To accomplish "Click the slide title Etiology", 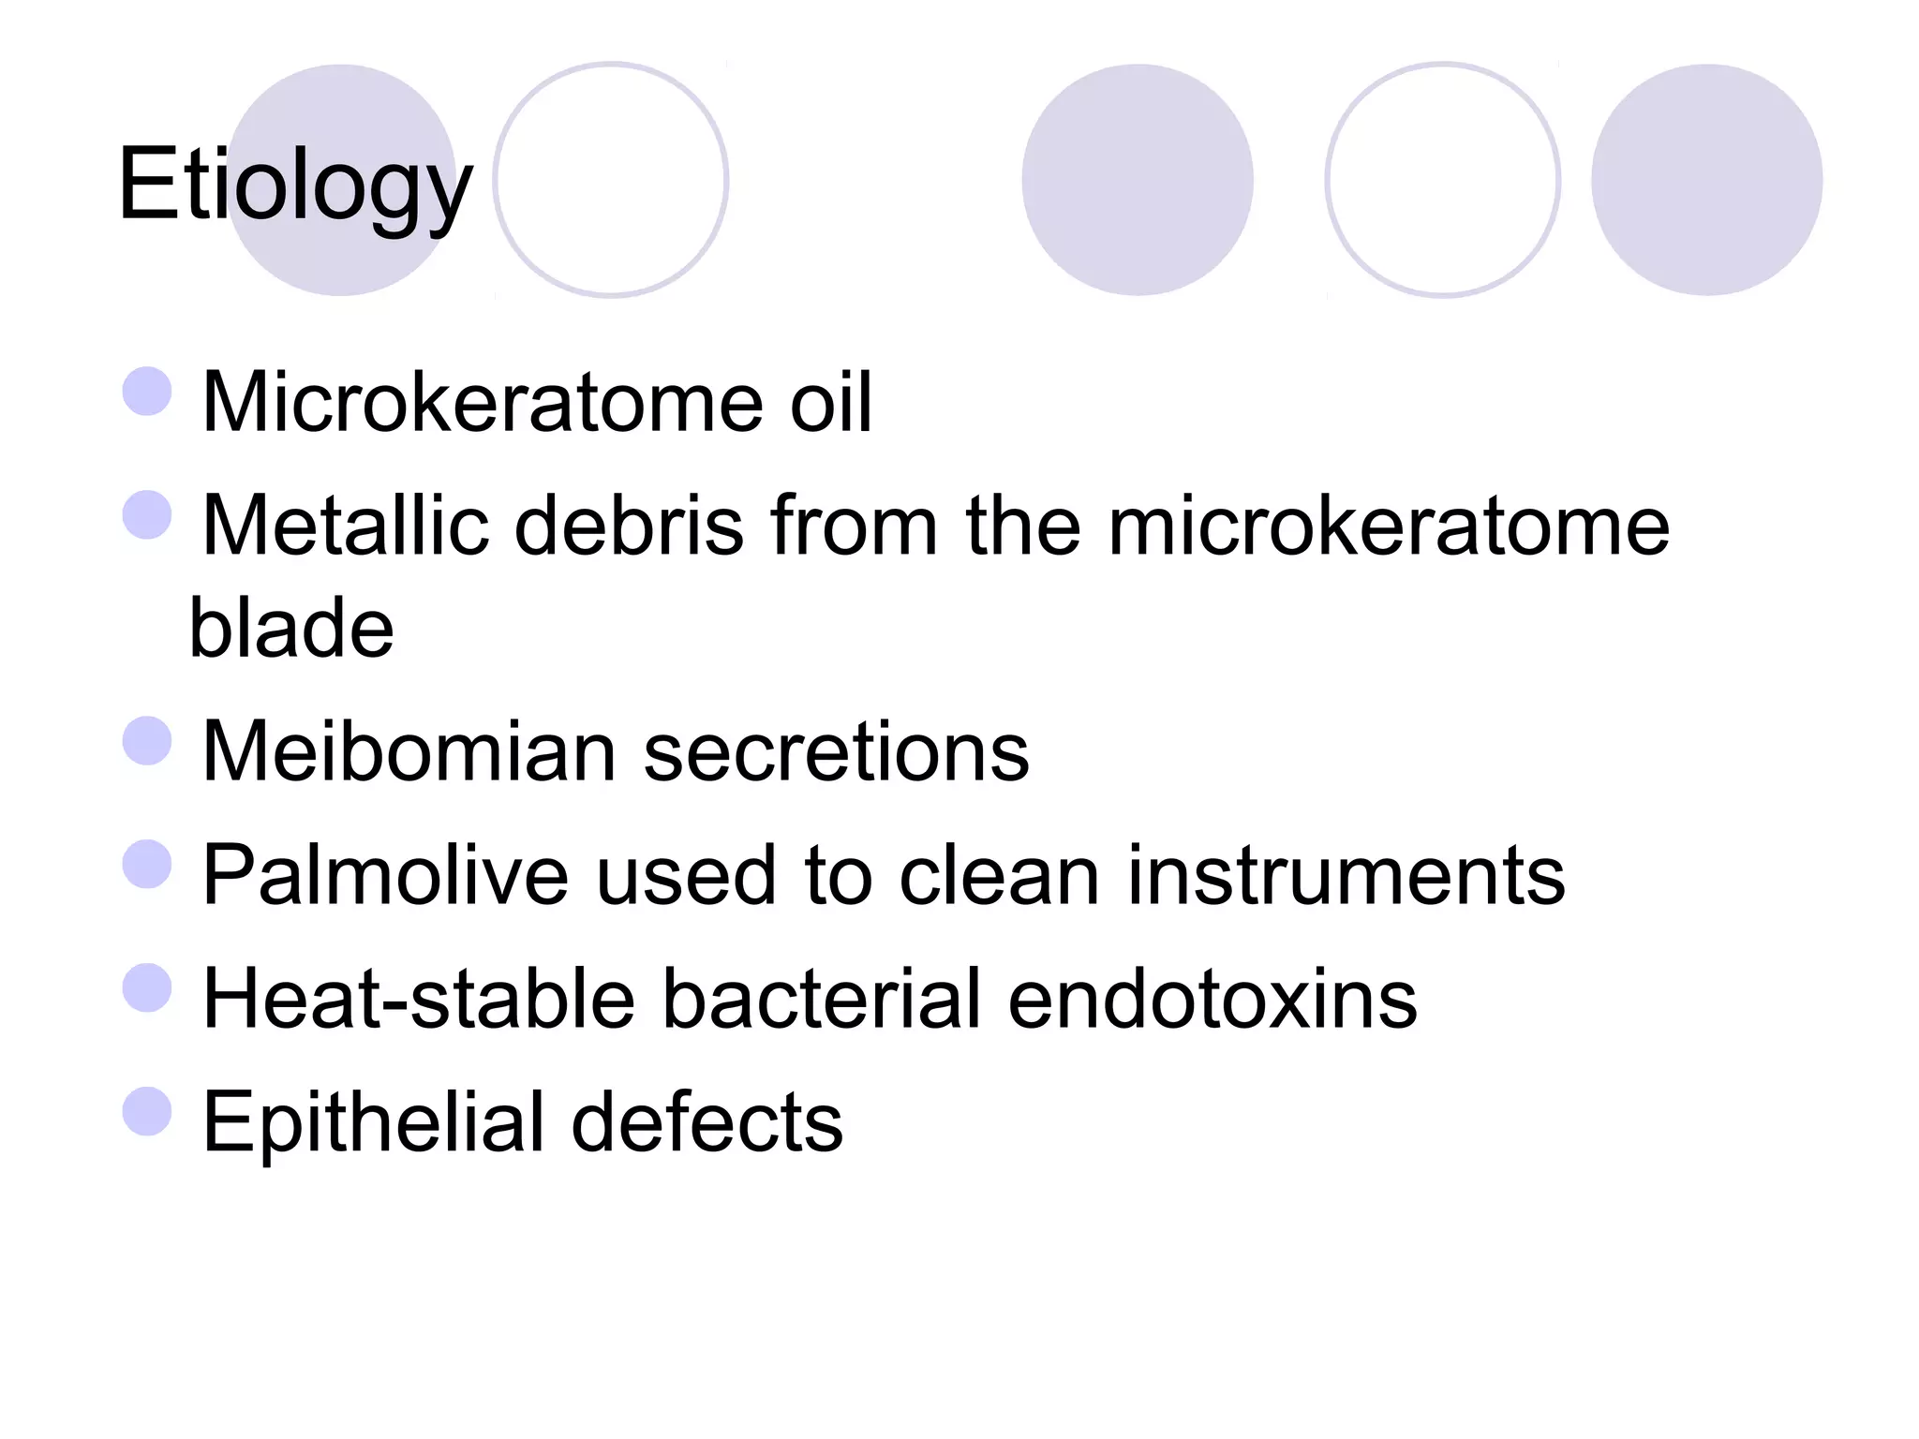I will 295,185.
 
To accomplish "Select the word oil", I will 831,402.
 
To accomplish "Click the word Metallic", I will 346,526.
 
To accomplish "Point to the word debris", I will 629,526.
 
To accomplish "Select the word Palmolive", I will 385,875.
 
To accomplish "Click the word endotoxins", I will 1212,999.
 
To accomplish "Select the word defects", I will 707,1121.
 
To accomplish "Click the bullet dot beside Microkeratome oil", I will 147,392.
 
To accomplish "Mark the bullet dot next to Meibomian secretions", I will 147,741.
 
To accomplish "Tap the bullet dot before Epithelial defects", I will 147,1111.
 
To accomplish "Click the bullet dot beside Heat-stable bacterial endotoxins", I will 147,988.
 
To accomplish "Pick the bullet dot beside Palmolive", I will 147,865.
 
